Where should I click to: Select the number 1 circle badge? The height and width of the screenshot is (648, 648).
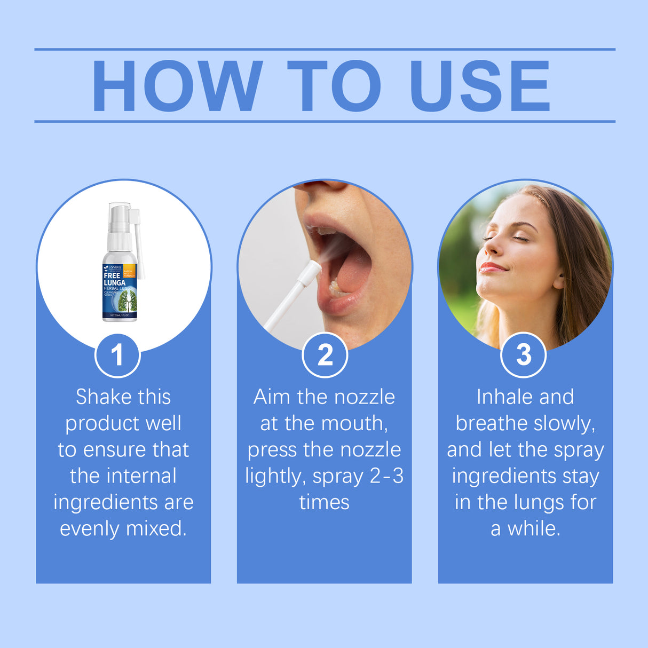point(117,355)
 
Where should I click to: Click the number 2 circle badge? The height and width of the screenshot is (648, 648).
point(325,355)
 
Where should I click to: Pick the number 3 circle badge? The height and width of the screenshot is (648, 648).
point(524,355)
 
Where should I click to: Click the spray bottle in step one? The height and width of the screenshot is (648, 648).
point(121,267)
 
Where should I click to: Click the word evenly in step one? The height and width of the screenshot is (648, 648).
point(90,528)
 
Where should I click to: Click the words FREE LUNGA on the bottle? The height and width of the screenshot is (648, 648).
point(114,279)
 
